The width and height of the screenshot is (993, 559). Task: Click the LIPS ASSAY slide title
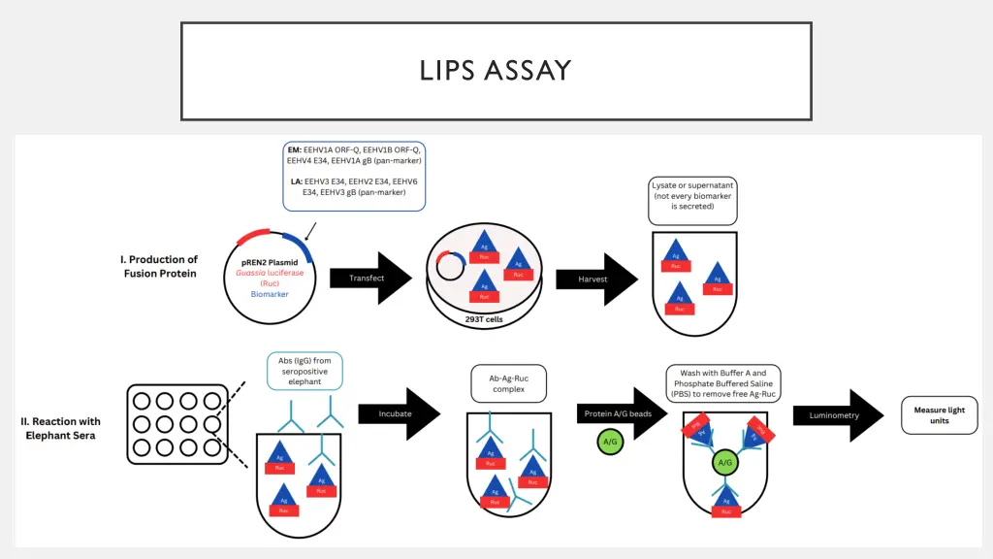[x=496, y=71]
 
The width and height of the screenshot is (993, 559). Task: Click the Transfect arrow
[x=369, y=279]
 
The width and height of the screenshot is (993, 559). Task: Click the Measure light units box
[x=939, y=415]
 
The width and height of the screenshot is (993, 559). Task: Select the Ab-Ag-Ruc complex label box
[x=509, y=383]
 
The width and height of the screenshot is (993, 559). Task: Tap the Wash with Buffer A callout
[x=723, y=383]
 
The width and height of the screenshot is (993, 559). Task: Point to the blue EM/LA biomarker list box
[x=354, y=176]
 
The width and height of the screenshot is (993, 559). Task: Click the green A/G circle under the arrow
[x=611, y=443]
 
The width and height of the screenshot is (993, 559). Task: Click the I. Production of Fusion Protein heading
[x=160, y=266]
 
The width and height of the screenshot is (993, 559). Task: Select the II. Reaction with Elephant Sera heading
[x=61, y=428]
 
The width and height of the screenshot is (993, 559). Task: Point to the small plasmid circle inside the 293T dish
[x=450, y=265]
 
